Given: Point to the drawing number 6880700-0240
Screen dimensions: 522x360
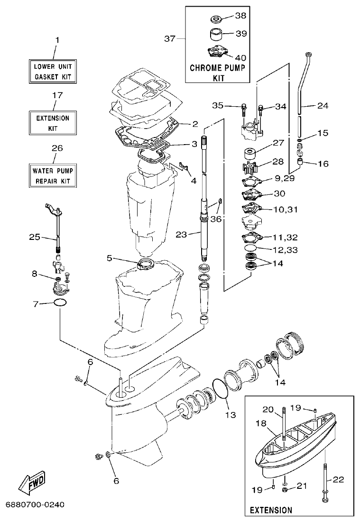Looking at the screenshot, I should [35, 504].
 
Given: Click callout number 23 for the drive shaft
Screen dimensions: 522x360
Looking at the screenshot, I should [182, 233].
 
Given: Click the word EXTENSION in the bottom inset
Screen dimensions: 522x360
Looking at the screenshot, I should [271, 510].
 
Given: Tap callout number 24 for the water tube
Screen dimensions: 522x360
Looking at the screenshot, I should [323, 105].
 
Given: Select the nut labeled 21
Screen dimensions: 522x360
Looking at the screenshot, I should [285, 489].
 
